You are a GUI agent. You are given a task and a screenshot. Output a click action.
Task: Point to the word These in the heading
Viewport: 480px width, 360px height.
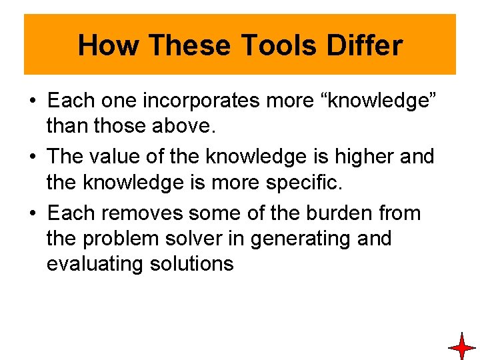(x=190, y=45)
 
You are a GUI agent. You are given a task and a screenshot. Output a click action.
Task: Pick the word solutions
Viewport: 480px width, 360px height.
(x=194, y=264)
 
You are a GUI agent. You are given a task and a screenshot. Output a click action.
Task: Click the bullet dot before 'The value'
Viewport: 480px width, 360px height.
(x=32, y=157)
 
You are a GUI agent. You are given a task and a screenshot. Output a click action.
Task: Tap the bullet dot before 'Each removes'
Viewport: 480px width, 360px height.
(x=32, y=214)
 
